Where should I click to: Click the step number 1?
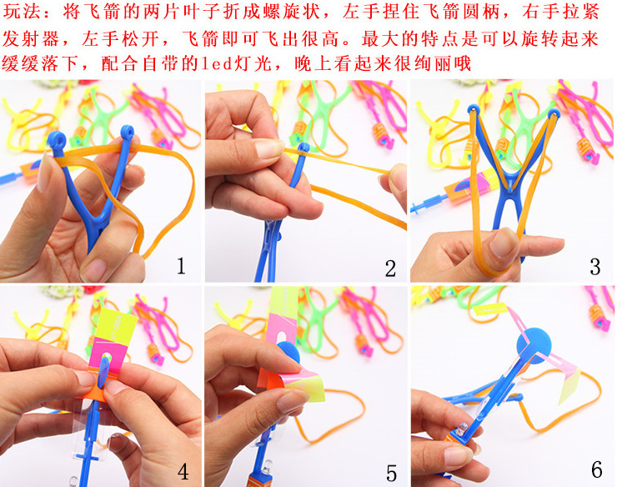pos(181,265)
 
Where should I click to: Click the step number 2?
pos(390,269)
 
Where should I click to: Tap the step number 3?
pos(595,267)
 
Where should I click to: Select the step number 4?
pos(183,471)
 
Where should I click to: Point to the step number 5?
pos(391,473)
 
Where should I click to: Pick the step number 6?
pos(596,469)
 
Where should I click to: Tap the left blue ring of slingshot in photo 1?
pos(57,139)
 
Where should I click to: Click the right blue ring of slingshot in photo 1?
pos(128,132)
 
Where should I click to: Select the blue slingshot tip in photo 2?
pos(303,148)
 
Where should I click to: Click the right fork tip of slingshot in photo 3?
pos(554,113)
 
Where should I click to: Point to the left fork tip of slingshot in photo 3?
pos(474,110)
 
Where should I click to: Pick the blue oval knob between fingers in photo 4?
pos(104,369)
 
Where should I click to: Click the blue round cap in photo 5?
pos(290,352)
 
